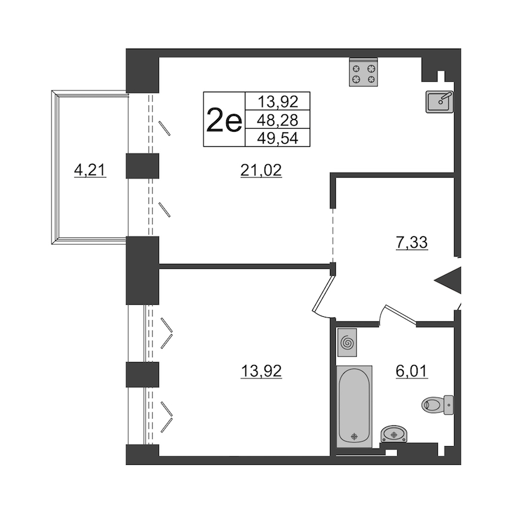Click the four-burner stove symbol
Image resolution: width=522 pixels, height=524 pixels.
(x=363, y=72)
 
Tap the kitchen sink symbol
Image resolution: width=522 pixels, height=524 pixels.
(x=440, y=102)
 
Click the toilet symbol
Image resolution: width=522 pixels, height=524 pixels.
(x=438, y=404)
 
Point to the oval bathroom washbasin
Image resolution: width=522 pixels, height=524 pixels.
(x=394, y=434)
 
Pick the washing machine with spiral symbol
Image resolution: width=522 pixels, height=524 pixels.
(x=347, y=342)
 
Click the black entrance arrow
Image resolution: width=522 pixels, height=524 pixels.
(x=448, y=281)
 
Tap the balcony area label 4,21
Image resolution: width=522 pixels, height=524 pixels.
(x=90, y=170)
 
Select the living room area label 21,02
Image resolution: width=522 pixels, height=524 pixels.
(x=261, y=170)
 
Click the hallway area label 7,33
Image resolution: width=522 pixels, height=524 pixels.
(x=411, y=243)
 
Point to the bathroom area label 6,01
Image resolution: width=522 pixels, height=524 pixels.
(x=411, y=371)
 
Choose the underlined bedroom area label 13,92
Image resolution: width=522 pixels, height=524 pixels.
(x=261, y=371)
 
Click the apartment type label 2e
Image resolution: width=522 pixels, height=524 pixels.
(x=224, y=120)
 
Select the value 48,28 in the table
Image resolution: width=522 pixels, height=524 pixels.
(x=278, y=120)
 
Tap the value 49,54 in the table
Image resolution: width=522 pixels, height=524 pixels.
(x=278, y=138)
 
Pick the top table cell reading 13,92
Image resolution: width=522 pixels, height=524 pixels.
(x=278, y=101)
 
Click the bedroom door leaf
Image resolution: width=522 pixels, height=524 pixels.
(x=322, y=293)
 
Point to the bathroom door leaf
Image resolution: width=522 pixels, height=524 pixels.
(x=401, y=315)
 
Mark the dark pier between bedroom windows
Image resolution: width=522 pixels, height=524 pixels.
(x=142, y=375)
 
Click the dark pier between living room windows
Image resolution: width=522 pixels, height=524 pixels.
(x=142, y=166)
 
